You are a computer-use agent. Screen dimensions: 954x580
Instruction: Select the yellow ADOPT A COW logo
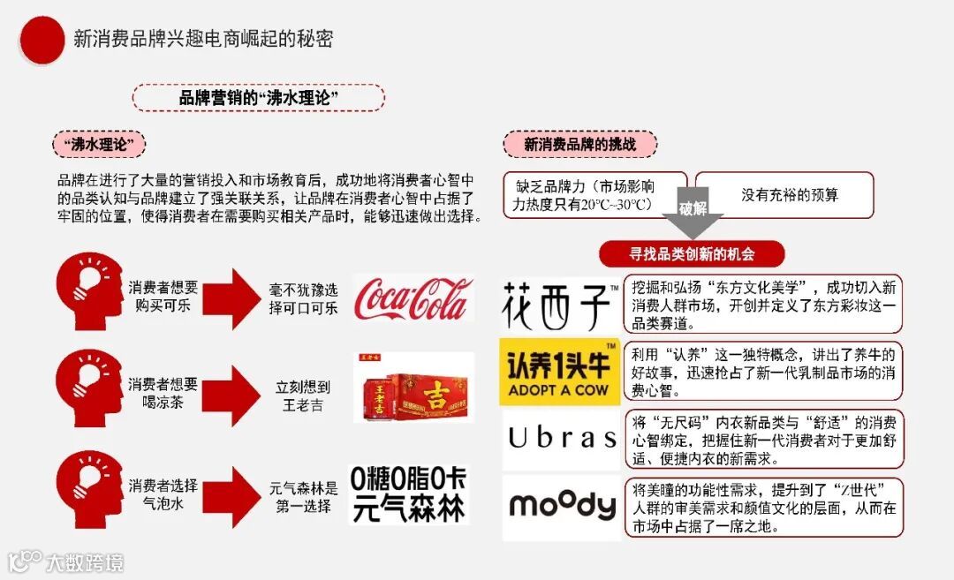coord(559,372)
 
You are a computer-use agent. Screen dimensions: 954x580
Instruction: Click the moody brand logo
coord(562,506)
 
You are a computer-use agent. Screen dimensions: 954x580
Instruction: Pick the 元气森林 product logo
coord(409,495)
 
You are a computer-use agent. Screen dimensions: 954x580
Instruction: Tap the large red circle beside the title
coord(42,40)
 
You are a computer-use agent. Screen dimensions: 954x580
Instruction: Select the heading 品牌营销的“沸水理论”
coord(258,98)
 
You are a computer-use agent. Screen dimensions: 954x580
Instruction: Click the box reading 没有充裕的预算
coord(784,195)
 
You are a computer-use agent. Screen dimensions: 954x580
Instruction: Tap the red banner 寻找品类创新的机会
coord(692,254)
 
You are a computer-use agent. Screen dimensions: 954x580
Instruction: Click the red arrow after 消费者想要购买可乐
coord(233,298)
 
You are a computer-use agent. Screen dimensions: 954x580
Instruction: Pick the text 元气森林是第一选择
coord(303,496)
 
